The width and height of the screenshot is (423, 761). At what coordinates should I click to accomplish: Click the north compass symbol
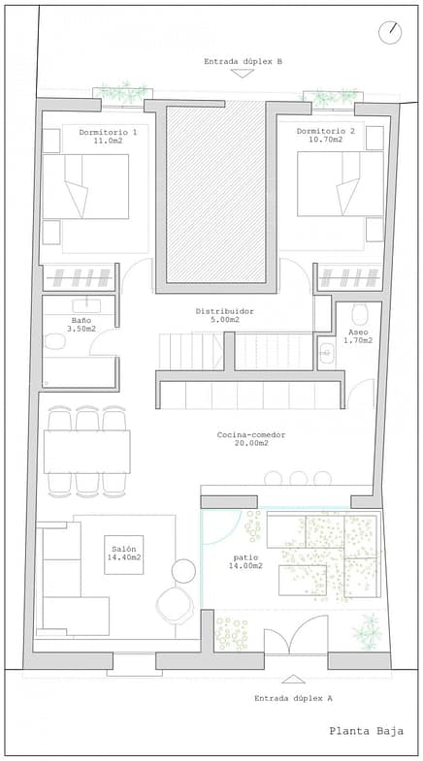[x=390, y=33]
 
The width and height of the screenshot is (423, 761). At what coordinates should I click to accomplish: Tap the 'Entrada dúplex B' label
[x=243, y=62]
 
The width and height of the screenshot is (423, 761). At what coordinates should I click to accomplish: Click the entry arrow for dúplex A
[x=293, y=679]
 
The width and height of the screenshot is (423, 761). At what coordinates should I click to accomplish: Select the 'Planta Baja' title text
[x=366, y=731]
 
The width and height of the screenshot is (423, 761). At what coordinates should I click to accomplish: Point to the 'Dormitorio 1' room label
[x=108, y=132]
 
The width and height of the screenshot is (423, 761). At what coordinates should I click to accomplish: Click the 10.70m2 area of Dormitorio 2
[x=326, y=140]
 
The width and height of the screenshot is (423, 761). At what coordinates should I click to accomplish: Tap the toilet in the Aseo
[x=360, y=314]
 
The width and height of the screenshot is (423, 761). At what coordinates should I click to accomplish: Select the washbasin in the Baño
[x=86, y=305]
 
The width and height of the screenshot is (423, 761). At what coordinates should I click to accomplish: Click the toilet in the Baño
[x=55, y=341]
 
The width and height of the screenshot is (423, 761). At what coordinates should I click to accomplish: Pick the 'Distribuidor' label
[x=225, y=311]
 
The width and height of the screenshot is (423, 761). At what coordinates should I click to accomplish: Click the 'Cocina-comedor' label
[x=251, y=435]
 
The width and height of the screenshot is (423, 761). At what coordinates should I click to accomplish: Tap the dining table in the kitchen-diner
[x=87, y=452]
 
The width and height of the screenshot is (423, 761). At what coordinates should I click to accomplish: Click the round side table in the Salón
[x=183, y=571]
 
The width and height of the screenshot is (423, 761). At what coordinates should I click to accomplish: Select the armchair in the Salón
[x=175, y=605]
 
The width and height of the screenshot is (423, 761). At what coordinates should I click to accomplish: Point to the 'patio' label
[x=245, y=557]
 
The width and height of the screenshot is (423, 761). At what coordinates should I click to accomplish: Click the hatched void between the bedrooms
[x=216, y=194]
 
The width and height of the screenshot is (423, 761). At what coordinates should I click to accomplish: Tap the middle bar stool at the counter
[x=298, y=478]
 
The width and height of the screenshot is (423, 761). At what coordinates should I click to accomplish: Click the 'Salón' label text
[x=120, y=549]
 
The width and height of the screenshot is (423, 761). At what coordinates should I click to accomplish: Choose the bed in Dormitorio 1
[x=85, y=186]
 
